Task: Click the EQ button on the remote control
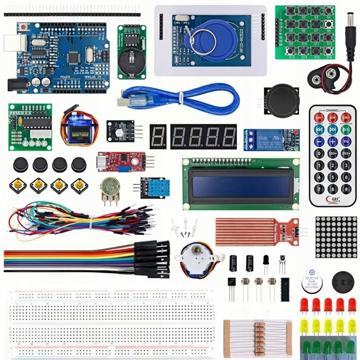tap(346, 141)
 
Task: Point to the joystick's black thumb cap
tap(282, 101)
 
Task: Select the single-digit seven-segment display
tap(158, 137)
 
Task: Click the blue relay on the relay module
tap(268, 139)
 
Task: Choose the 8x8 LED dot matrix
tap(336, 237)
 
